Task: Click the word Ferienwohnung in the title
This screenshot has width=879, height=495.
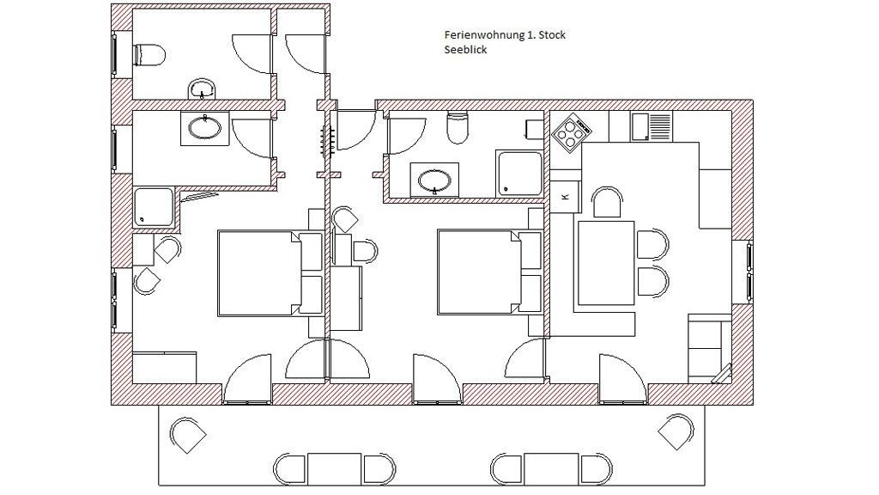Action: coord(484,34)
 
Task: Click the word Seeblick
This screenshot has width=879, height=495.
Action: coord(466,49)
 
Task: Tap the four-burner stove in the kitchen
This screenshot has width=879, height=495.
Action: coord(572,133)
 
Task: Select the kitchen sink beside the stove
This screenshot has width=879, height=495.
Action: coord(652,126)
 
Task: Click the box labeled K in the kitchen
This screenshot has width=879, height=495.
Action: coord(565,197)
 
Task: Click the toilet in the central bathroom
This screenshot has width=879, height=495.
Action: coord(458,127)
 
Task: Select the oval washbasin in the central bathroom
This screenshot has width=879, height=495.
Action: coord(434,180)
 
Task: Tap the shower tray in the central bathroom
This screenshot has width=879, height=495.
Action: coord(519,173)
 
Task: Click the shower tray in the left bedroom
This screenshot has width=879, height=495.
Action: coord(154,208)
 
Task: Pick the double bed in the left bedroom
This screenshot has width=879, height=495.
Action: coord(270,272)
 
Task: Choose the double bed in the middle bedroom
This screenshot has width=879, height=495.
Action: coord(489,272)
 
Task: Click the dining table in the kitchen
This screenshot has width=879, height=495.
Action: coord(606,263)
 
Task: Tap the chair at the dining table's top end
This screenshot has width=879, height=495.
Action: coord(608,202)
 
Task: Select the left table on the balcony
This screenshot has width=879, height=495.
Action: coord(334,469)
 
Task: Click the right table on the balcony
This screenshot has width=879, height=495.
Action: coord(552,468)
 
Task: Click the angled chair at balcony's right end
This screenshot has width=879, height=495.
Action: coord(676,432)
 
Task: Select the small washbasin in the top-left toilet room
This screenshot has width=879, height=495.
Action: coord(202,89)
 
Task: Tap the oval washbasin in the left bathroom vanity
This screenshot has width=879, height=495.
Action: coord(204,128)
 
